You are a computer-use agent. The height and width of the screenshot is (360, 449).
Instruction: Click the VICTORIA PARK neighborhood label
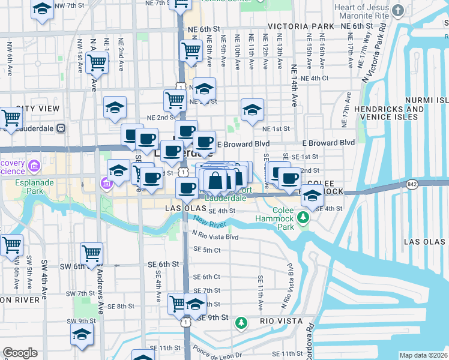pos(301,27)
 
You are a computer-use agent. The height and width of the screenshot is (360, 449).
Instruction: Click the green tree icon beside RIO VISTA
pos(241,323)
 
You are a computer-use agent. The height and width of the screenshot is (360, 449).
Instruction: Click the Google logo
pos(20,353)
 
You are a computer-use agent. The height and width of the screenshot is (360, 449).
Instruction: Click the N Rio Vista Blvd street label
pos(215,237)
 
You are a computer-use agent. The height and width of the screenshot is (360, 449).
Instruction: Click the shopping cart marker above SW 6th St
pos(91,253)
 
